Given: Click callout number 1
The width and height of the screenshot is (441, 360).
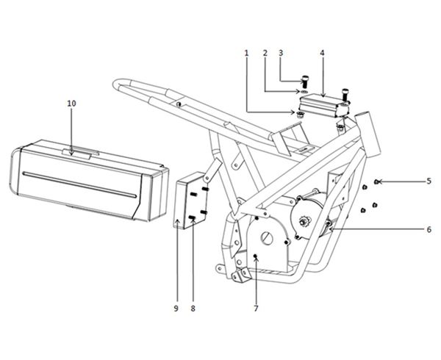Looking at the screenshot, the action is [x=247, y=53].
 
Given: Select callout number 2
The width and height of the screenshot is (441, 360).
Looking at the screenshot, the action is [x=265, y=53].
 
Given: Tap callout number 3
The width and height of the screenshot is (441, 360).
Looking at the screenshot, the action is [x=281, y=53].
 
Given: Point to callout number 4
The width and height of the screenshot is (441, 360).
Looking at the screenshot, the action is [x=322, y=53].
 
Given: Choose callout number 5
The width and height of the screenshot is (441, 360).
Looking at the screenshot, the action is [x=429, y=181].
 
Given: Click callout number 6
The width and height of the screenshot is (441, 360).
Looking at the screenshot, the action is [x=429, y=230].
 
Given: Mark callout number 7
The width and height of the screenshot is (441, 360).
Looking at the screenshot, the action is [x=256, y=309].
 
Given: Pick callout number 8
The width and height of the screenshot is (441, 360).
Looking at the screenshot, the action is [x=193, y=309].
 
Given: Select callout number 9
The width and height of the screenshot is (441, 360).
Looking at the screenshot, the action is [x=176, y=309].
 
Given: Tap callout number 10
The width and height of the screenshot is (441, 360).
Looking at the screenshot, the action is [x=71, y=104].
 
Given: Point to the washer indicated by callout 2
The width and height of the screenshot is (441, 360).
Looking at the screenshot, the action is [x=304, y=92].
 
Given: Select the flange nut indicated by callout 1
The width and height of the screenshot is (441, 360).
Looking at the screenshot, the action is [x=300, y=114].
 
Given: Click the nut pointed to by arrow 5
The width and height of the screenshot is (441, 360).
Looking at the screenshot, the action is [x=377, y=181].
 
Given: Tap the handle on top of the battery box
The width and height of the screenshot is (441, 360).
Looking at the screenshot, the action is [x=80, y=153].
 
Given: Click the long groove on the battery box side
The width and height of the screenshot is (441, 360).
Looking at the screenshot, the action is [x=79, y=184].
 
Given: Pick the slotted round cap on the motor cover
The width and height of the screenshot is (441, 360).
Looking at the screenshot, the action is [x=267, y=239].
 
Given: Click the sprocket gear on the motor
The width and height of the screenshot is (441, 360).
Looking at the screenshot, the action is [x=304, y=221].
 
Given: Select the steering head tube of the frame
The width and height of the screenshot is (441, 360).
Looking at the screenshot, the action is [x=368, y=134].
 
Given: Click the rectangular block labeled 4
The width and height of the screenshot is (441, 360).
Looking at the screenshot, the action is [x=324, y=107].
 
